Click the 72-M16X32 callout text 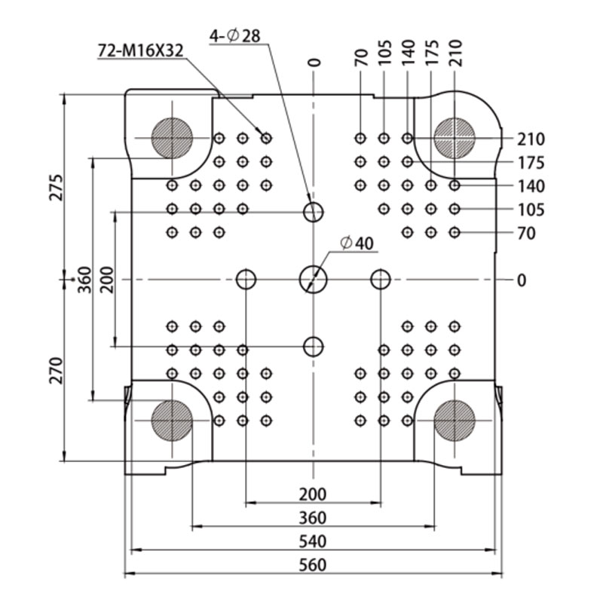coord(141,51)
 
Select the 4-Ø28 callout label coord(235,36)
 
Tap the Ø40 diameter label coord(357,243)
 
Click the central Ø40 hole coord(314,280)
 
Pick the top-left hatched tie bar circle coord(172,138)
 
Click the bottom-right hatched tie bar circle coord(455,421)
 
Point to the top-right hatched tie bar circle coord(455,138)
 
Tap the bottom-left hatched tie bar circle coord(172,421)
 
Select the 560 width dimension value coord(313,565)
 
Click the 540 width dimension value coord(313,541)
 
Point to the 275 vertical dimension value coord(56,187)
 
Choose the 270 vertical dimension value coord(56,370)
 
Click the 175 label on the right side coord(531,163)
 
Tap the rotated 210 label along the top coord(455,53)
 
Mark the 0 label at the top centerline coord(314,63)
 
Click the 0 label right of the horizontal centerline coord(522,280)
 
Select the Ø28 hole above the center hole coord(314,212)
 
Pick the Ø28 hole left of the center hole coord(246,280)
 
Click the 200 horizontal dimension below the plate coord(313,494)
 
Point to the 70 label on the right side coord(526,234)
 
